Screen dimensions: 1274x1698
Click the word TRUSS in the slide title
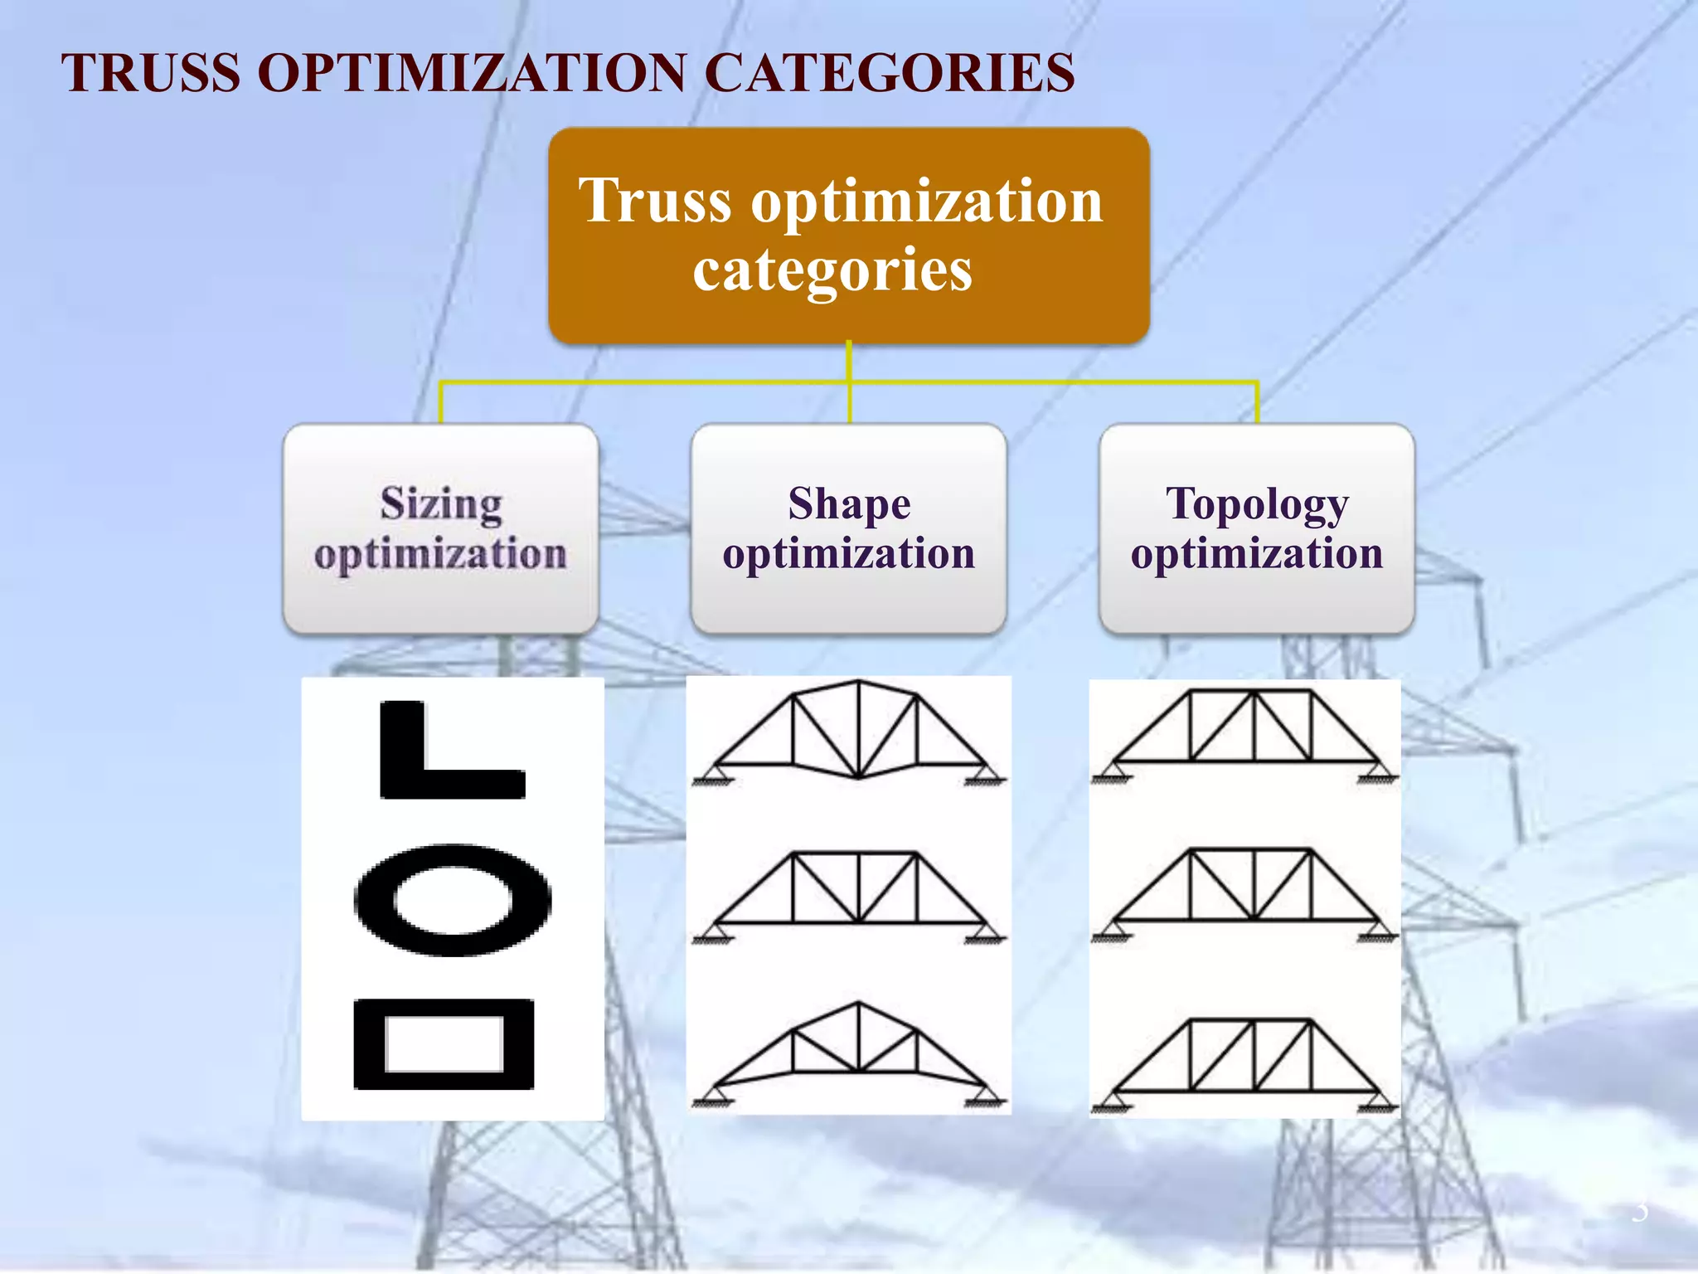pyautogui.click(x=151, y=73)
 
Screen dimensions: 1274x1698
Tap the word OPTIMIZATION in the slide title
pyautogui.click(x=473, y=73)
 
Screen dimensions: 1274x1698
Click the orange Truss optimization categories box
pyautogui.click(x=848, y=235)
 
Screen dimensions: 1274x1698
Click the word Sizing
pyautogui.click(x=441, y=503)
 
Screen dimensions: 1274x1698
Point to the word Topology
pyautogui.click(x=1257, y=503)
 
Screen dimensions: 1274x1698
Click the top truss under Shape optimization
pyautogui.click(x=849, y=734)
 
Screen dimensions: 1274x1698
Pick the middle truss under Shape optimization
pyautogui.click(x=849, y=892)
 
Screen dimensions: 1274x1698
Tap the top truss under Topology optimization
pyautogui.click(x=1244, y=730)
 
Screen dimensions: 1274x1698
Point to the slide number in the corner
pyautogui.click(x=1639, y=1212)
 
